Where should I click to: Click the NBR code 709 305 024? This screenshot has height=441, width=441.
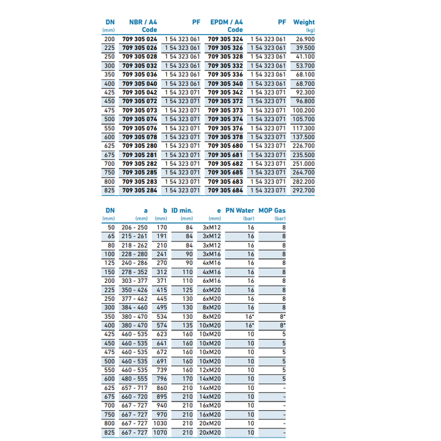coord(139,39)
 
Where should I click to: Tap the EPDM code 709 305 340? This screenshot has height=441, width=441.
coord(225,84)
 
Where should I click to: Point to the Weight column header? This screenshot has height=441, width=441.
coord(304,22)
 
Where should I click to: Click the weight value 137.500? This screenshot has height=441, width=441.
coord(304,137)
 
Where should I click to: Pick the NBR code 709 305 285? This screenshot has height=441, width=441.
coord(139,172)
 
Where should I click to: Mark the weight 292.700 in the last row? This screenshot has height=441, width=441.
coord(304,190)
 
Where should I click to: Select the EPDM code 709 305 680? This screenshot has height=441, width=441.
coord(225,146)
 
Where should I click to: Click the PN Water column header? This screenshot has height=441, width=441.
coord(240,211)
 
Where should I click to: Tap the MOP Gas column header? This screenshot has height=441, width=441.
coord(272,211)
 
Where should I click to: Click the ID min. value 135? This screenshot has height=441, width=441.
coord(188,326)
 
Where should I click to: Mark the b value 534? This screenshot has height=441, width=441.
coord(161,317)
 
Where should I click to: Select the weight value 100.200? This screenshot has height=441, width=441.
coord(304,110)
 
